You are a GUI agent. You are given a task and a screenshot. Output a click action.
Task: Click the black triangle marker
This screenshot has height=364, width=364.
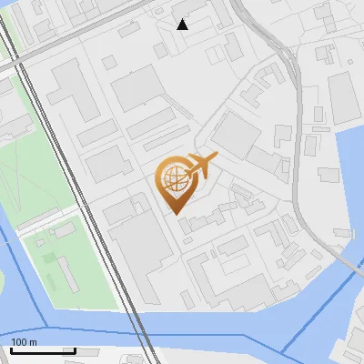(x=182, y=25)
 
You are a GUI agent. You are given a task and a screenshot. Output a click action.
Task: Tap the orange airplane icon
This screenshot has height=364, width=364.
(x=201, y=166)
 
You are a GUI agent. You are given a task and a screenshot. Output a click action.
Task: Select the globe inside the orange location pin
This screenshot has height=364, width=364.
(x=174, y=177)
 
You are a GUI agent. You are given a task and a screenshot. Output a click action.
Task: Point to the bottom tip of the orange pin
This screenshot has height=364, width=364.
(x=177, y=214)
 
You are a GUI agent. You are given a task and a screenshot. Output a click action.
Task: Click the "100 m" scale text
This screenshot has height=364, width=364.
(x=24, y=341)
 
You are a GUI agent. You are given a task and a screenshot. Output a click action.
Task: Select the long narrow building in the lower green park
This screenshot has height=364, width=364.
(x=69, y=274)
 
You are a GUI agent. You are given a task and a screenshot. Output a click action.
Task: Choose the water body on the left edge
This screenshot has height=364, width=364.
(x=14, y=291)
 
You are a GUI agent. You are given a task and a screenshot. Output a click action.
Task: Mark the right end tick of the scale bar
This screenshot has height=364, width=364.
(x=75, y=349)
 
